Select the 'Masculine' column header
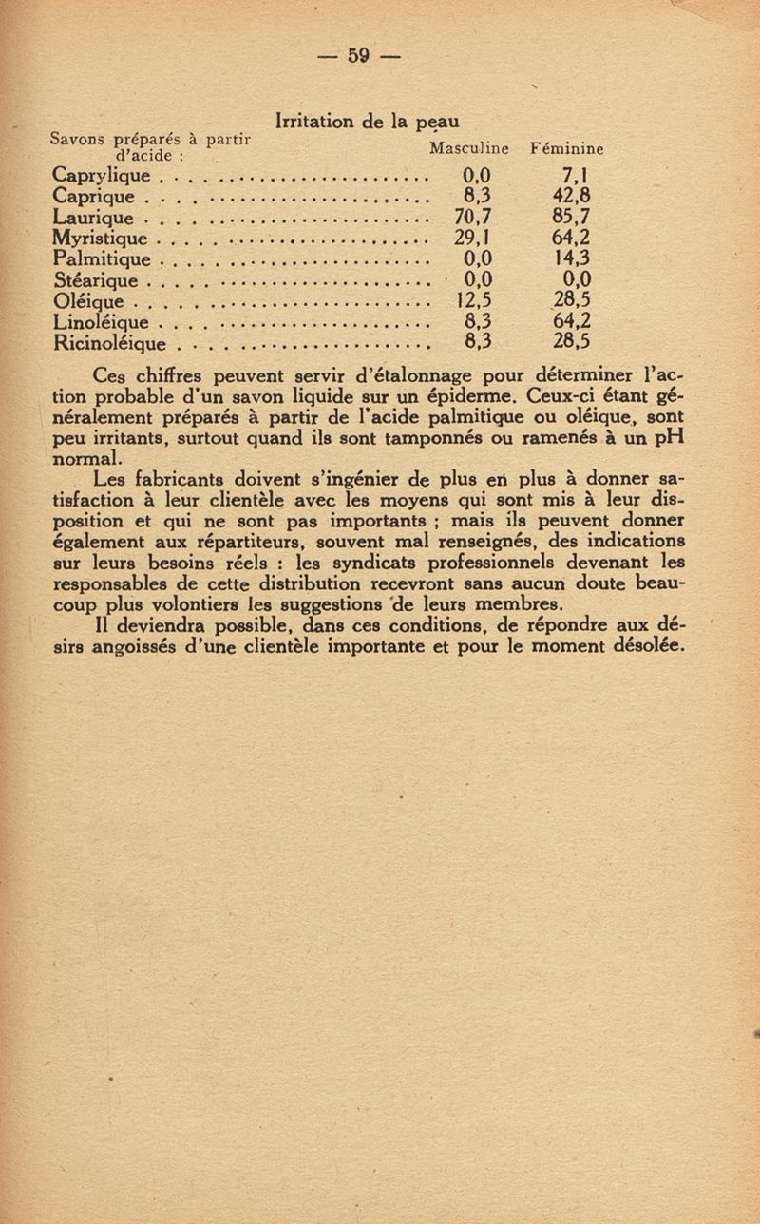coord(469,149)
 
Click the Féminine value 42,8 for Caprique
coord(573,197)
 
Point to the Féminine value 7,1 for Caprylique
coord(577,176)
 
